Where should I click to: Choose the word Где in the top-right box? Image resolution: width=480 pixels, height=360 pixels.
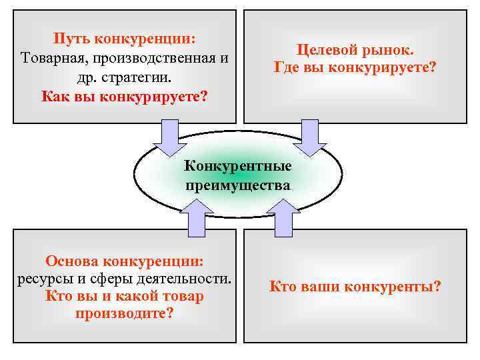coord(287,67)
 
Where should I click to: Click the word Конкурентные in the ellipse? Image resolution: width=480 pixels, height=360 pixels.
coord(238,164)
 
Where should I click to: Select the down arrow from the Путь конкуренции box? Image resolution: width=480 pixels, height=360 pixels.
coord(169,137)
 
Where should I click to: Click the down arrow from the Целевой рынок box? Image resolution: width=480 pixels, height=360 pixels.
coord(308,137)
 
